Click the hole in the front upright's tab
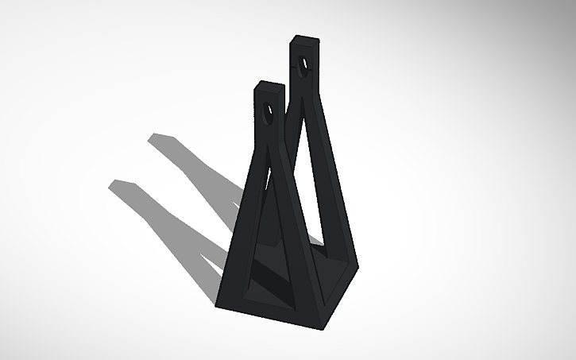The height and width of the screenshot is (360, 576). click(267, 114)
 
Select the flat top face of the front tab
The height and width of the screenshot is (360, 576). click(270, 83)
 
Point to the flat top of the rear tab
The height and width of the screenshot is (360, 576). click(305, 37)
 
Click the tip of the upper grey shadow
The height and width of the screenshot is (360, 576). click(153, 138)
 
